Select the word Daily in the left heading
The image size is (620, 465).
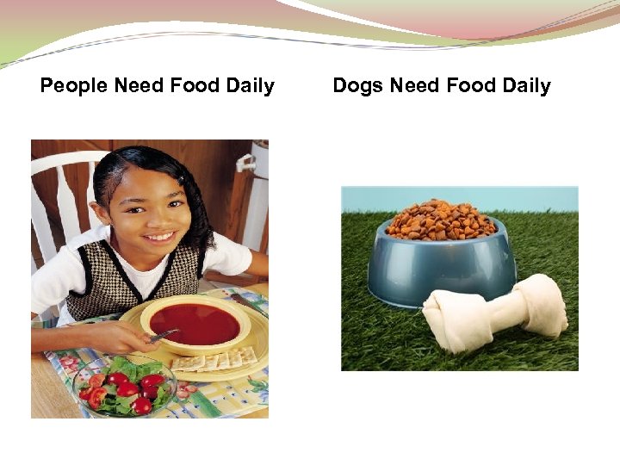click(251, 86)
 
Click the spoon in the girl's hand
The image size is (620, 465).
click(164, 335)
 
